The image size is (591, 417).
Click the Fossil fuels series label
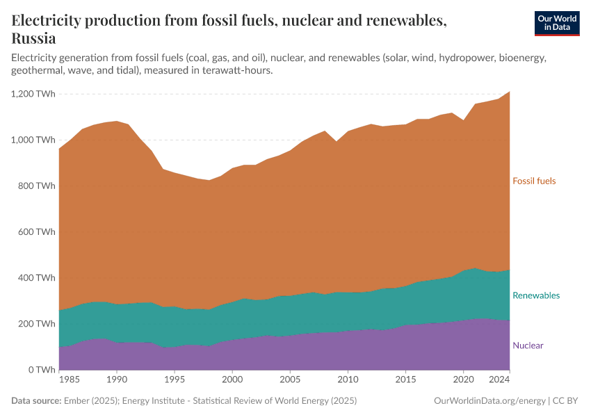pyautogui.click(x=534, y=181)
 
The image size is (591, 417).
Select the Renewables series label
pyautogui.click(x=535, y=295)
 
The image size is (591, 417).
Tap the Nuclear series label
pyautogui.click(x=528, y=345)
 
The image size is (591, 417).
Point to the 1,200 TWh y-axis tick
pyautogui.click(x=33, y=94)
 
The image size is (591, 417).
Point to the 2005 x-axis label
pyautogui.click(x=290, y=379)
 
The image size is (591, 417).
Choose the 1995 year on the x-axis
pyautogui.click(x=175, y=379)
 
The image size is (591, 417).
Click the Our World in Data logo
pyautogui.click(x=556, y=23)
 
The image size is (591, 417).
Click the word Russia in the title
pyautogui.click(x=33, y=38)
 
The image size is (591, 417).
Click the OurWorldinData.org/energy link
pyautogui.click(x=489, y=401)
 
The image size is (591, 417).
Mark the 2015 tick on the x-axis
pyautogui.click(x=405, y=379)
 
